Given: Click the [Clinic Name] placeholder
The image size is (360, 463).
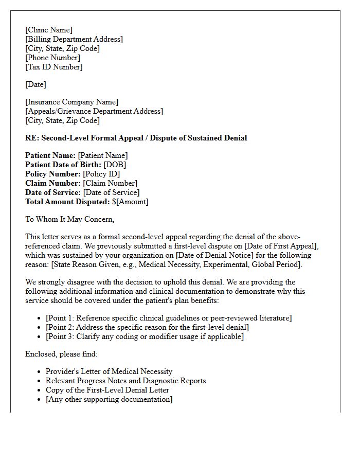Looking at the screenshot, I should pyautogui.click(x=49, y=30).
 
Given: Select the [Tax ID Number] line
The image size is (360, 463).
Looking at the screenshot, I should pyautogui.click(x=53, y=67).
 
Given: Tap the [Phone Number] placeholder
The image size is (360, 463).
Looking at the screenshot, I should pyautogui.click(x=52, y=58).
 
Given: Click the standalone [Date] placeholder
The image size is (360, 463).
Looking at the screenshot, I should pyautogui.click(x=35, y=84).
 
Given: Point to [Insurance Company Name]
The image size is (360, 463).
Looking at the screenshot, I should pyautogui.click(x=71, y=102).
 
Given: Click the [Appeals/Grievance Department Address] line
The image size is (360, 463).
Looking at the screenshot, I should pyautogui.click(x=94, y=111).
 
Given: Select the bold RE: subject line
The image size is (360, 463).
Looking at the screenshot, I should pyautogui.click(x=136, y=138).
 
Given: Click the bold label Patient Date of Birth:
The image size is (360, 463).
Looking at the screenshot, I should pyautogui.click(x=63, y=165).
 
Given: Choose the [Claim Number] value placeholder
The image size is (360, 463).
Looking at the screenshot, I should pyautogui.click(x=110, y=183).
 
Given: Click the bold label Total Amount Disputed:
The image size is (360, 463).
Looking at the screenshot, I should pyautogui.click(x=67, y=202).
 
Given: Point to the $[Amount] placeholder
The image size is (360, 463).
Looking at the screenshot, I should pyautogui.click(x=130, y=202).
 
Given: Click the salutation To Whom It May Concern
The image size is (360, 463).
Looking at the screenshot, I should pyautogui.click(x=69, y=219).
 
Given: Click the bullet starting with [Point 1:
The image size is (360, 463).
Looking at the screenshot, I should pyautogui.click(x=169, y=318).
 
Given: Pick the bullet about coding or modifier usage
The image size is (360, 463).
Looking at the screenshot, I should pyautogui.click(x=145, y=336).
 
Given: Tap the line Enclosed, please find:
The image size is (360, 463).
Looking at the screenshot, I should pyautogui.click(x=61, y=354).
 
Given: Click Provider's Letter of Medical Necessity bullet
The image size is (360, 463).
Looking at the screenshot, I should pyautogui.click(x=109, y=371).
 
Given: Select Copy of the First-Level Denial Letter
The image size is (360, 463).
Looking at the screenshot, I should pyautogui.click(x=107, y=390).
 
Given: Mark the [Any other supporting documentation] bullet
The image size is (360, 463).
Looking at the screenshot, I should pyautogui.click(x=109, y=399).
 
